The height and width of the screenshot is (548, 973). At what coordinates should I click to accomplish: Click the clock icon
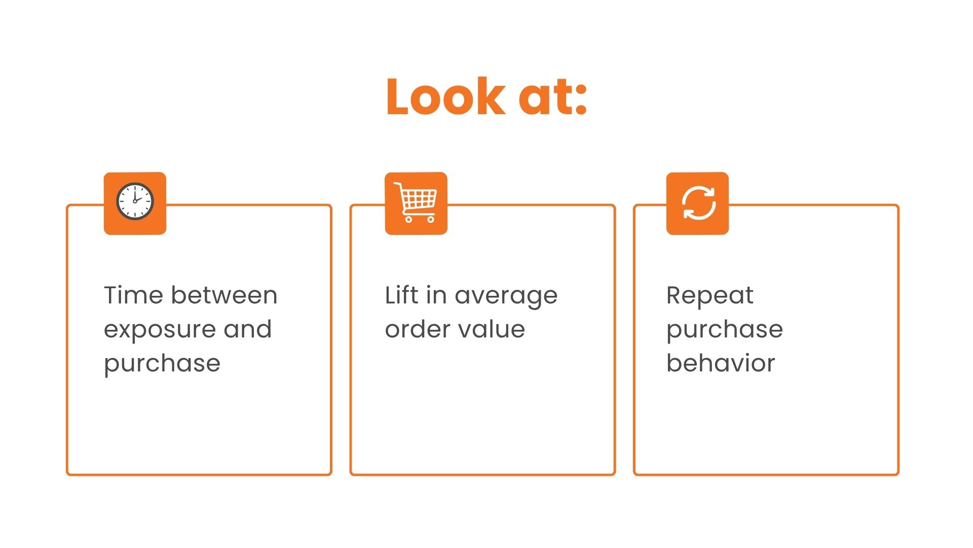pos(135,201)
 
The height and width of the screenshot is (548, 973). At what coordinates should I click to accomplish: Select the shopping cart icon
pos(416,202)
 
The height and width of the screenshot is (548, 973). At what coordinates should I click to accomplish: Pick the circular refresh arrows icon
pos(698,203)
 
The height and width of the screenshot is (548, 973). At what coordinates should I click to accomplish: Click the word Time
pos(134,295)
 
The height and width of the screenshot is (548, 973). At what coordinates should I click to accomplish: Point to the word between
pos(224,295)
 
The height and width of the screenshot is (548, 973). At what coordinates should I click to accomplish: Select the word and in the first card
pos(247,329)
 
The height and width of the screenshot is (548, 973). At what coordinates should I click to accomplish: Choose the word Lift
pos(401,295)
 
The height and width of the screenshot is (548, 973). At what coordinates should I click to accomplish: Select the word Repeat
pos(710,297)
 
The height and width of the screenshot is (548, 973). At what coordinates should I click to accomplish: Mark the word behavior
pos(721,363)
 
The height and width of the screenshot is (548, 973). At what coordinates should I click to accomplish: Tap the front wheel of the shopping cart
pos(431,220)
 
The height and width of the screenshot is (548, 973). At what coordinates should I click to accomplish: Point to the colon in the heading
pos(582,99)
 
